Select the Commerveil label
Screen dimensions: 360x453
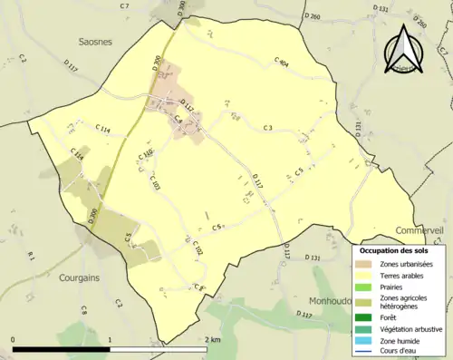pyautogui.click(x=419, y=231)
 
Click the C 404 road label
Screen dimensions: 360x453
pyautogui.click(x=281, y=63)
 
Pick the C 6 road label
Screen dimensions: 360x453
pyautogui.click(x=217, y=227)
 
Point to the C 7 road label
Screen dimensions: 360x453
pyautogui.click(x=124, y=6)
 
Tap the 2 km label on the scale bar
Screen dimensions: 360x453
pyautogui.click(x=213, y=340)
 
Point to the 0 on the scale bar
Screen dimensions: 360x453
pyautogui.click(x=14, y=340)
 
